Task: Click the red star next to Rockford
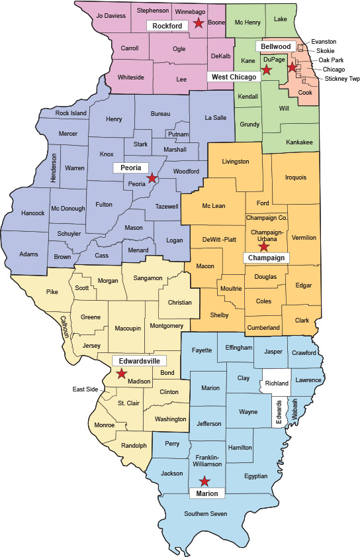pyautogui.click(x=198, y=24)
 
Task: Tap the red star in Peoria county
pyautogui.click(x=152, y=178)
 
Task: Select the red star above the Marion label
pyautogui.click(x=205, y=481)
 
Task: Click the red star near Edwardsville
pyautogui.click(x=121, y=374)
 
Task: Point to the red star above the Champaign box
pyautogui.click(x=263, y=246)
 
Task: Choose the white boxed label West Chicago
pyautogui.click(x=234, y=77)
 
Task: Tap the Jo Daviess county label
pyautogui.click(x=111, y=15)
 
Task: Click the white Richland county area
pyautogui.click(x=277, y=383)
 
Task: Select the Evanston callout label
pyautogui.click(x=332, y=42)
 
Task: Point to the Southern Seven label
pyautogui.click(x=205, y=514)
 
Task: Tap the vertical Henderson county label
pyautogui.click(x=54, y=159)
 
